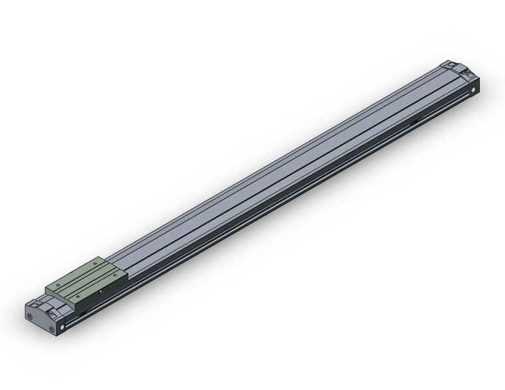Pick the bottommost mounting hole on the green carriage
(78, 296)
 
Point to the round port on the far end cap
(474, 88)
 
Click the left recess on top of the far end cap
(447, 65)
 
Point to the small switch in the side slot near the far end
(415, 120)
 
